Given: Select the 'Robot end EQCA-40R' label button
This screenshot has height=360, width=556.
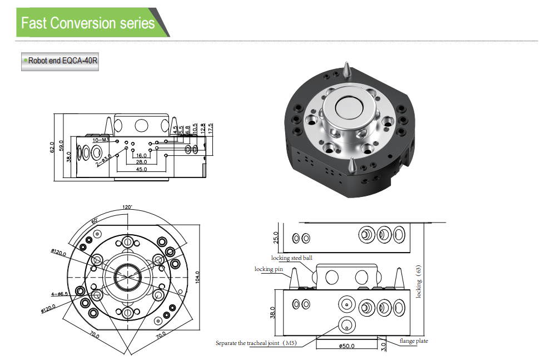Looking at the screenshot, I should pyautogui.click(x=60, y=61).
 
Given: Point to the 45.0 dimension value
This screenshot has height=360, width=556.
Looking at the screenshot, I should pyautogui.click(x=141, y=170).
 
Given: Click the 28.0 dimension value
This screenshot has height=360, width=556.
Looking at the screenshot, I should pyautogui.click(x=141, y=161).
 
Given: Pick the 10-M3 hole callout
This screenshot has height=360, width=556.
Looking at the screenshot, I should pyautogui.click(x=101, y=140).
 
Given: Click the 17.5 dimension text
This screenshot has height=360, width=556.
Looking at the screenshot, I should pyautogui.click(x=210, y=129).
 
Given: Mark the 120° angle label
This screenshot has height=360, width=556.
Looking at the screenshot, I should pyautogui.click(x=127, y=207).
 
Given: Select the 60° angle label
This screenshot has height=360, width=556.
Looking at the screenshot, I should pyautogui.click(x=95, y=221).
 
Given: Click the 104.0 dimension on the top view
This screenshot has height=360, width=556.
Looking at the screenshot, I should pyautogui.click(x=197, y=276).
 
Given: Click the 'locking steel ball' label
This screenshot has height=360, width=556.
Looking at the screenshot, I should pyautogui.click(x=292, y=258).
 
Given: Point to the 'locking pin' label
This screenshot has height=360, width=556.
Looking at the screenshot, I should pyautogui.click(x=269, y=269).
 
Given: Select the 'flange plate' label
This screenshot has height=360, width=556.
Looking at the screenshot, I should pyautogui.click(x=414, y=341).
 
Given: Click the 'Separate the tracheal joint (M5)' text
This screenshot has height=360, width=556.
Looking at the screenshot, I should pyautogui.click(x=256, y=343).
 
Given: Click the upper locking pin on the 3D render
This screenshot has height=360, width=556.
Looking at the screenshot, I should pyautogui.click(x=346, y=71).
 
